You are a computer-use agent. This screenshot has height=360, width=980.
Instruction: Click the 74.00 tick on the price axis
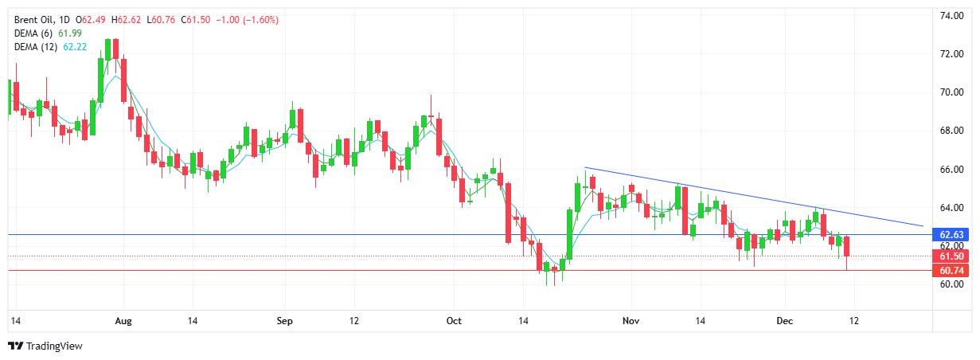pyautogui.click(x=952, y=16)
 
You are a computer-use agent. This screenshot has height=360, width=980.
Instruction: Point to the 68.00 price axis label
pyautogui.click(x=952, y=131)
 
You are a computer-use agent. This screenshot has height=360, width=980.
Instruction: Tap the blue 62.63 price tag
pyautogui.click(x=952, y=235)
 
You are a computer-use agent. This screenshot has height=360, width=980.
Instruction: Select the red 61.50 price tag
pyautogui.click(x=952, y=256)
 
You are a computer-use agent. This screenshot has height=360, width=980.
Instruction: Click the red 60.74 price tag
pyautogui.click(x=952, y=271)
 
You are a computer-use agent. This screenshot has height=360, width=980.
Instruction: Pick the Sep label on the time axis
pyautogui.click(x=285, y=321)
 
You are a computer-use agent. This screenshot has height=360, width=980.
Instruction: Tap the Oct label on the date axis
pyautogui.click(x=453, y=321)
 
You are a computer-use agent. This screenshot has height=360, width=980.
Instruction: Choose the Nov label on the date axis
pyautogui.click(x=631, y=321)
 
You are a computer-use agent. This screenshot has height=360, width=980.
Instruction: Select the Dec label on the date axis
pyautogui.click(x=785, y=321)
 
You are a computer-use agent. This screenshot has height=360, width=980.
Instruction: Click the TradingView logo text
pyautogui.click(x=54, y=346)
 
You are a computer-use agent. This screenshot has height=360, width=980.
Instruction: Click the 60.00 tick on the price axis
pyautogui.click(x=952, y=284)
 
